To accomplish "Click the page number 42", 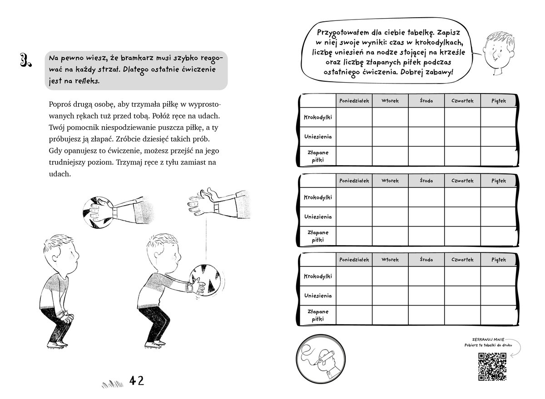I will click(x=136, y=380).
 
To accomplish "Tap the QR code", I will click(x=493, y=367).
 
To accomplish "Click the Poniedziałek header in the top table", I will click(x=354, y=101).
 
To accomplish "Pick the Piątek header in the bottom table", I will click(x=498, y=260).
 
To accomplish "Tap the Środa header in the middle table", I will click(x=426, y=181).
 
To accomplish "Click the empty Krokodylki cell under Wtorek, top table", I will click(x=390, y=118).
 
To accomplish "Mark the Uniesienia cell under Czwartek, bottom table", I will click(x=462, y=296).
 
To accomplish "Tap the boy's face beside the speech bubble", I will click(x=493, y=54).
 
